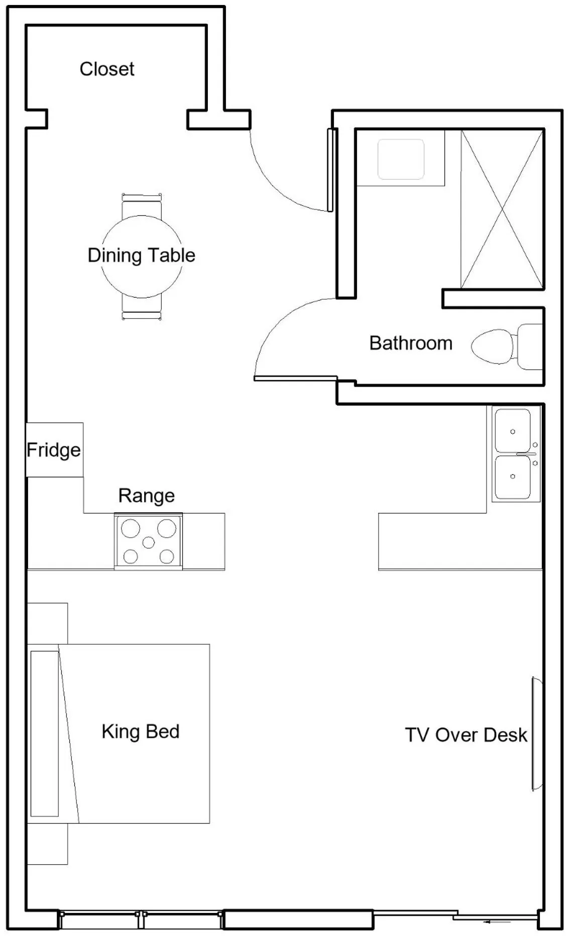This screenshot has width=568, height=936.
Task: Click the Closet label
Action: pos(106,69)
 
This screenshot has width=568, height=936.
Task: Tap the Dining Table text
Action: pos(141,255)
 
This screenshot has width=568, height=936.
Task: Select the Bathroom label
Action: pos(410,343)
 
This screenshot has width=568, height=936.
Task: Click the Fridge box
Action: pos(54,449)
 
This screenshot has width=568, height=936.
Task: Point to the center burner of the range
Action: pos(148,542)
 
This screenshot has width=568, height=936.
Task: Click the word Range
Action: pos(146,496)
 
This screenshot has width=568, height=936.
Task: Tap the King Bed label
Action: pos(140,731)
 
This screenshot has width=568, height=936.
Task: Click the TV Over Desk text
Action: pos(466,735)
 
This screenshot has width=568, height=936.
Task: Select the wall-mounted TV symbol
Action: pos(536,734)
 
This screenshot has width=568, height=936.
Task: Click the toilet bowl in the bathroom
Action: pos(492,346)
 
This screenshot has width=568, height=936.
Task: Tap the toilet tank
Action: pos(529,346)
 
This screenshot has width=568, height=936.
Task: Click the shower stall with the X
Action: pos(502,209)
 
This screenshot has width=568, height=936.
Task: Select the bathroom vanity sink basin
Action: pos(400,159)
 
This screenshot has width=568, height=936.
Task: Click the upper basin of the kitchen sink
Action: pos(512,430)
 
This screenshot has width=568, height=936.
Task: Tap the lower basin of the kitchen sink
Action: pos(512,477)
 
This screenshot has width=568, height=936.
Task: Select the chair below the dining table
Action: pos(142,309)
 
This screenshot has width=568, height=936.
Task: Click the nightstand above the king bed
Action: pos(47,623)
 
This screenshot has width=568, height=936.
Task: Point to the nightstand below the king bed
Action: pos(47,844)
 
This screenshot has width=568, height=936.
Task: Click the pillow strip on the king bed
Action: pos(44,733)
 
